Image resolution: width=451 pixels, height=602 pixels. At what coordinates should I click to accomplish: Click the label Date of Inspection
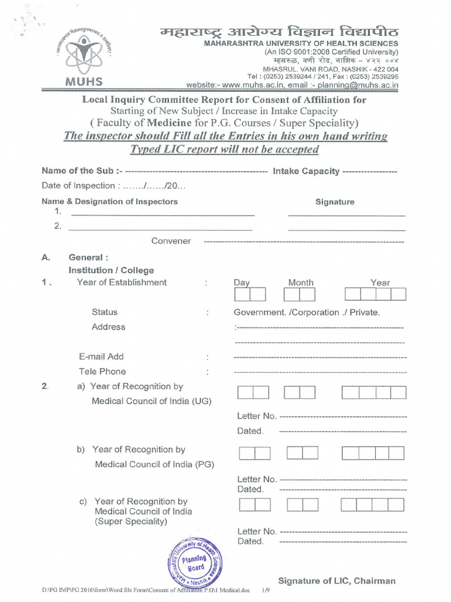[78, 186]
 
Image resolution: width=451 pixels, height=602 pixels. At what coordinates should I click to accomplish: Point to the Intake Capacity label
[306, 171]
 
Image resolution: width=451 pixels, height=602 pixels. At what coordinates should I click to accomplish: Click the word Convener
[171, 241]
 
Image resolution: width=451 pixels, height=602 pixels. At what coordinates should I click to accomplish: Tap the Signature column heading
[335, 202]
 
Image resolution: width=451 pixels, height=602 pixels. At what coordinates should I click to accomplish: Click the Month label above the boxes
[301, 283]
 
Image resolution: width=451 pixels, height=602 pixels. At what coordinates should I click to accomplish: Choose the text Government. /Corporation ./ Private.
[307, 313]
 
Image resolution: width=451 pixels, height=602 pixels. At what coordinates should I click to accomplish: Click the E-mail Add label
[101, 356]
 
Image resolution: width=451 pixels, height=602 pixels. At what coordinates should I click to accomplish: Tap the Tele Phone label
[102, 372]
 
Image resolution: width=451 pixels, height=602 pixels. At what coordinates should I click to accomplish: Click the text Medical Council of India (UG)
[152, 401]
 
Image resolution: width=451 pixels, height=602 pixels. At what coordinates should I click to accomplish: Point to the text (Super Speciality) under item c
[130, 521]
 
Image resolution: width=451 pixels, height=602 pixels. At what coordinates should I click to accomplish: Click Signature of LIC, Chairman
[336, 581]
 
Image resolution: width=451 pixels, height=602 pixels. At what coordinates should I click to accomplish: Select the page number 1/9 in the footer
[266, 590]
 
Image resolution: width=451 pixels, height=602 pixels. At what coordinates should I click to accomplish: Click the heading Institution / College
[111, 270]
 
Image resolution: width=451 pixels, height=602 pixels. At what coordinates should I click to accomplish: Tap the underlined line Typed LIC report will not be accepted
[224, 149]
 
